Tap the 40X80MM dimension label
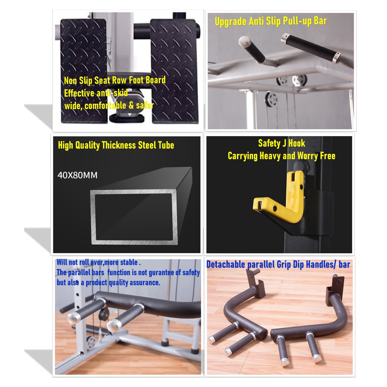click(77, 175)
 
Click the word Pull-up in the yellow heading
click(298, 22)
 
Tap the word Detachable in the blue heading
click(226, 264)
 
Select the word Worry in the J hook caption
click(308, 156)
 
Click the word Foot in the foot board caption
click(136, 80)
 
